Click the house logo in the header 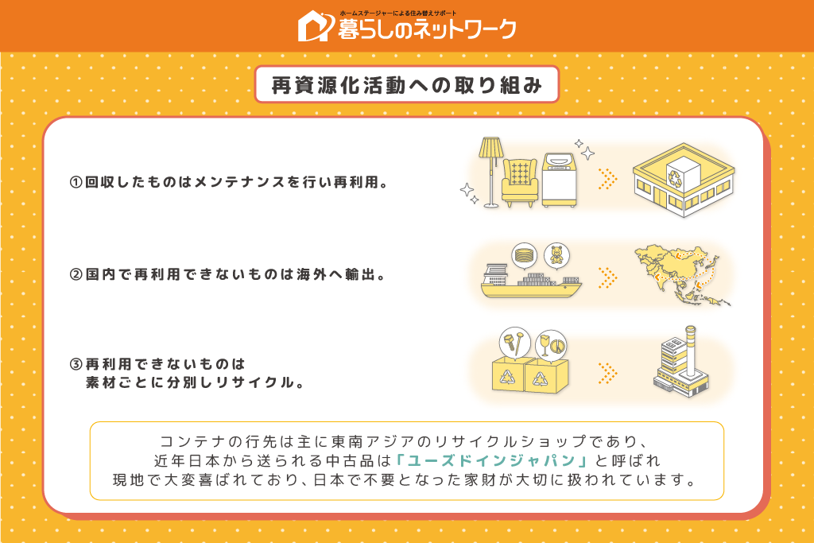[x=315, y=26]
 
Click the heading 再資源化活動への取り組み [x=406, y=85]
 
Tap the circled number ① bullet [x=76, y=182]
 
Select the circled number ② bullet [x=76, y=274]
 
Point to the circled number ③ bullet [x=76, y=364]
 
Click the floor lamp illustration [x=490, y=172]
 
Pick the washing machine [x=559, y=180]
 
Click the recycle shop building [x=684, y=180]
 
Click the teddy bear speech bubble [x=556, y=256]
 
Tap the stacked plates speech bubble [x=525, y=256]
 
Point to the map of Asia [x=681, y=274]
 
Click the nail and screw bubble [x=514, y=342]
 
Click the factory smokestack [x=691, y=351]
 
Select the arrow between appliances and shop [x=607, y=179]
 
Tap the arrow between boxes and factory [x=607, y=373]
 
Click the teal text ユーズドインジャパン [x=491, y=460]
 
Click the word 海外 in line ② [x=312, y=274]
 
